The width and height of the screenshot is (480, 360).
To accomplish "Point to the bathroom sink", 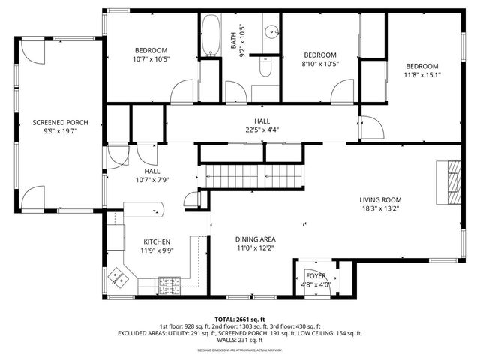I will point(271,32).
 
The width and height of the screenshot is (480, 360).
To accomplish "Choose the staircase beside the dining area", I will point(250,177).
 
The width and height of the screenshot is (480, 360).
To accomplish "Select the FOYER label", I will point(315,276).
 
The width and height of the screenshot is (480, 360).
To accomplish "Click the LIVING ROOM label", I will point(380,200).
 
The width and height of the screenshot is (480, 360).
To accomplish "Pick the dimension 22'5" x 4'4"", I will point(262,130).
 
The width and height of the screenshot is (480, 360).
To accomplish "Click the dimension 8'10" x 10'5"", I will point(320,64).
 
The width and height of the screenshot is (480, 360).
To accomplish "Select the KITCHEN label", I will point(157,241).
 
